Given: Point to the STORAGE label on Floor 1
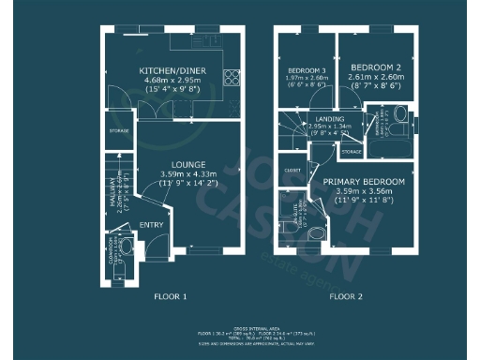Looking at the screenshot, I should tap(118, 130).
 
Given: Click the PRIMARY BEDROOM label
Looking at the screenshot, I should tap(364, 181).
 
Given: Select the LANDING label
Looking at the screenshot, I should tap(328, 119).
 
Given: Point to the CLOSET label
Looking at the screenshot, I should tap(292, 171).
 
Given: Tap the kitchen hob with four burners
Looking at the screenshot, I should tap(231, 78).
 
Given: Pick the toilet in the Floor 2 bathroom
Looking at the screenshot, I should tap(401, 115).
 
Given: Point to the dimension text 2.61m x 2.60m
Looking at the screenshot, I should tap(376, 79).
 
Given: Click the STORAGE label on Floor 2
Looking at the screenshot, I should tap(352, 151).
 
